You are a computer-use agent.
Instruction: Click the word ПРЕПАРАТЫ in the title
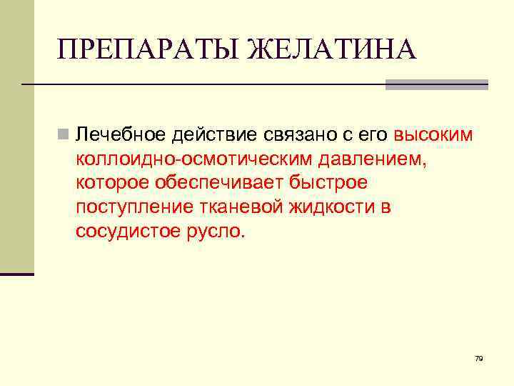click(x=148, y=50)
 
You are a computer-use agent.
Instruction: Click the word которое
click(x=111, y=183)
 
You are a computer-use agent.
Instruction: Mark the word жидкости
click(x=327, y=207)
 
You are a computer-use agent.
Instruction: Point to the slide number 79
click(x=478, y=358)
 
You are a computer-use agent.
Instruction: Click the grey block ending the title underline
click(x=436, y=84)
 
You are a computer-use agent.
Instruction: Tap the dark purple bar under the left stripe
click(x=17, y=274)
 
